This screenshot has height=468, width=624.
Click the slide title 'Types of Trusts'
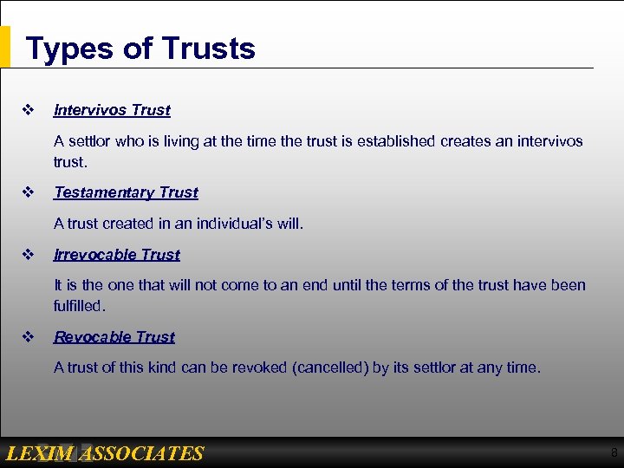click(140, 48)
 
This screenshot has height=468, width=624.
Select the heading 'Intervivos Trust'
click(112, 110)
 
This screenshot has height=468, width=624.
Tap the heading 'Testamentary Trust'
click(126, 192)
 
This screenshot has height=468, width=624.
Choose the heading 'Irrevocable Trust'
click(117, 255)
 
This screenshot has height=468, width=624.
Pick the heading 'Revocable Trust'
click(114, 337)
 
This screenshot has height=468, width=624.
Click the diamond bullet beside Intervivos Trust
click(27, 110)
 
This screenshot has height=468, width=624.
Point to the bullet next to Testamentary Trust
click(27, 192)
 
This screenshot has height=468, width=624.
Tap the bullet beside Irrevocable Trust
click(27, 255)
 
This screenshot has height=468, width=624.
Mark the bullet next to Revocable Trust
click(27, 337)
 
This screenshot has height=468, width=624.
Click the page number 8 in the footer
click(614, 452)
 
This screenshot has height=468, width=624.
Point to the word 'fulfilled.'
click(79, 306)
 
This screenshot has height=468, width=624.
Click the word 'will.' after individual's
click(289, 224)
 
